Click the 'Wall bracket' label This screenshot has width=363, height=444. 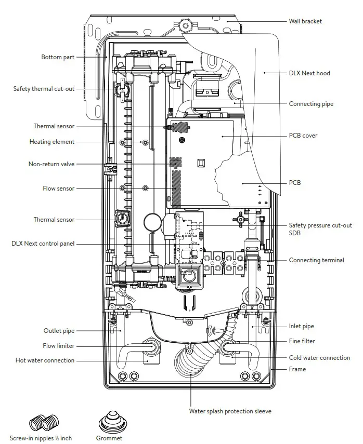[x=305, y=21]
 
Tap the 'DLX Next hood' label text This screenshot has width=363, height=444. [x=309, y=73]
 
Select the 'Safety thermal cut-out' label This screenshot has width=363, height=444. [x=44, y=89]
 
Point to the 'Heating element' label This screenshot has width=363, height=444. [x=51, y=142]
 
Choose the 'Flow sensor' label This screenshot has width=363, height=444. [x=58, y=189]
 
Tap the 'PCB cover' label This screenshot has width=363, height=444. [x=303, y=136]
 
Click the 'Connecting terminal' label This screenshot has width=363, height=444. [x=316, y=260]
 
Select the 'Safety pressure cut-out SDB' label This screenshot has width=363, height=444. [x=320, y=229]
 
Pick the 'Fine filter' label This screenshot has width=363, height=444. [x=302, y=341]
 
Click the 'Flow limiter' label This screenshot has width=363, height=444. [x=58, y=346]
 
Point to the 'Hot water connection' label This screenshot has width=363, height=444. [x=45, y=360]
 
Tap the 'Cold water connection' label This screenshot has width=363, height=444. [x=319, y=358]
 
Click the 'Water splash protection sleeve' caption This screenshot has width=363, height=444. [x=230, y=411]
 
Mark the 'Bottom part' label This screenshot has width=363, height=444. [x=58, y=57]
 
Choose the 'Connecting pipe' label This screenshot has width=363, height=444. [x=311, y=104]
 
